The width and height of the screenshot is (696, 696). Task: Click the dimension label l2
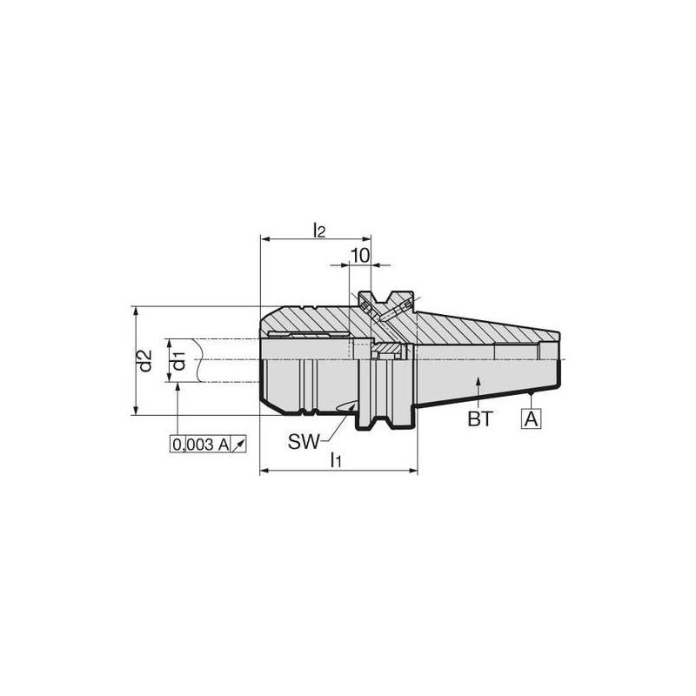[318, 230]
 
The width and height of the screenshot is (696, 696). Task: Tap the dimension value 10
[359, 255]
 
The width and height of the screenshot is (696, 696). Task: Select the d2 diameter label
[145, 360]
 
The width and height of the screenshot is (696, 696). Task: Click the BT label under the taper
[480, 419]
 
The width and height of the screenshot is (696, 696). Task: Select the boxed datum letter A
[532, 418]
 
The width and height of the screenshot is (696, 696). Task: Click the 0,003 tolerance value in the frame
[191, 445]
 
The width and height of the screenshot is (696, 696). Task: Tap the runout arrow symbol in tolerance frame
[240, 445]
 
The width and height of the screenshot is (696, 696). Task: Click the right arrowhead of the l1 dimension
[414, 472]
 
